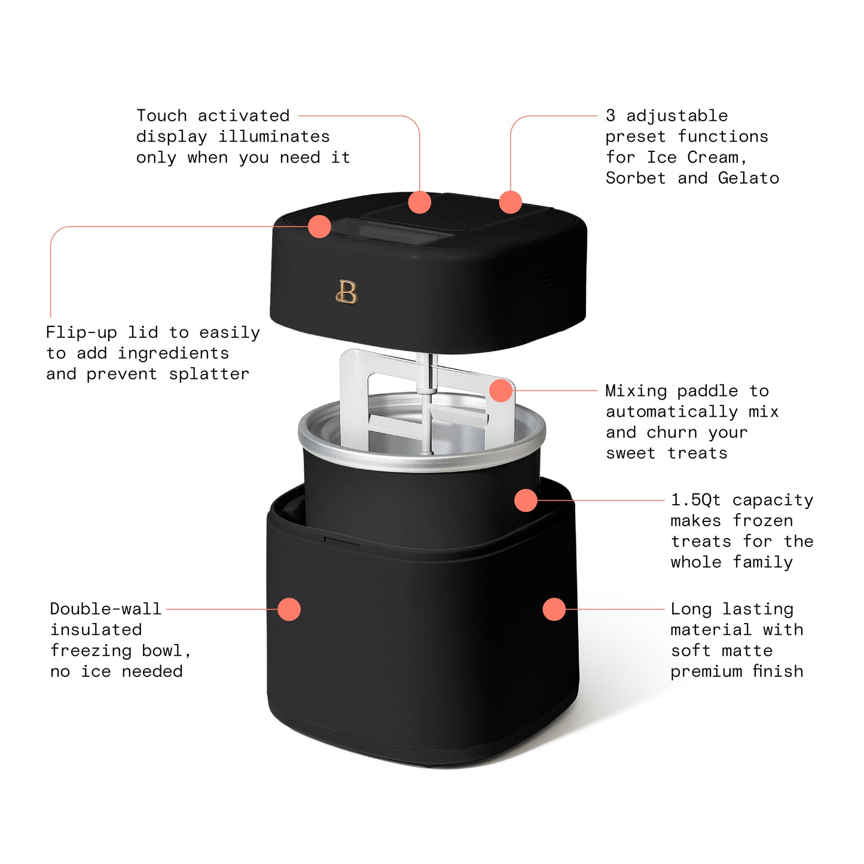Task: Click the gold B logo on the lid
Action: coord(347,292)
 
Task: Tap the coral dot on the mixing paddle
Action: coord(501,390)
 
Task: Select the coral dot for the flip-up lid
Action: coord(319,227)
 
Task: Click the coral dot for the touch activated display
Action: coord(420,202)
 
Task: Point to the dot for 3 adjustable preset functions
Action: coord(510,202)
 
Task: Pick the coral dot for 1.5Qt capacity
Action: coord(526,500)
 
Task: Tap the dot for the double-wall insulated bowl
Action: coord(289,609)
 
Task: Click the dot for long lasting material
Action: coord(554,609)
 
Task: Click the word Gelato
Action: coord(749,178)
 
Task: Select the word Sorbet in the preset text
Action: coord(636,178)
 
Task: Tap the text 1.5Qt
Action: coord(695,500)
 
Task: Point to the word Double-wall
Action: coord(105,609)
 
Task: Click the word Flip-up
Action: coord(81,333)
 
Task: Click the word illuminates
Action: coord(274,137)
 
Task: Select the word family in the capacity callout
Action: coord(763,563)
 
